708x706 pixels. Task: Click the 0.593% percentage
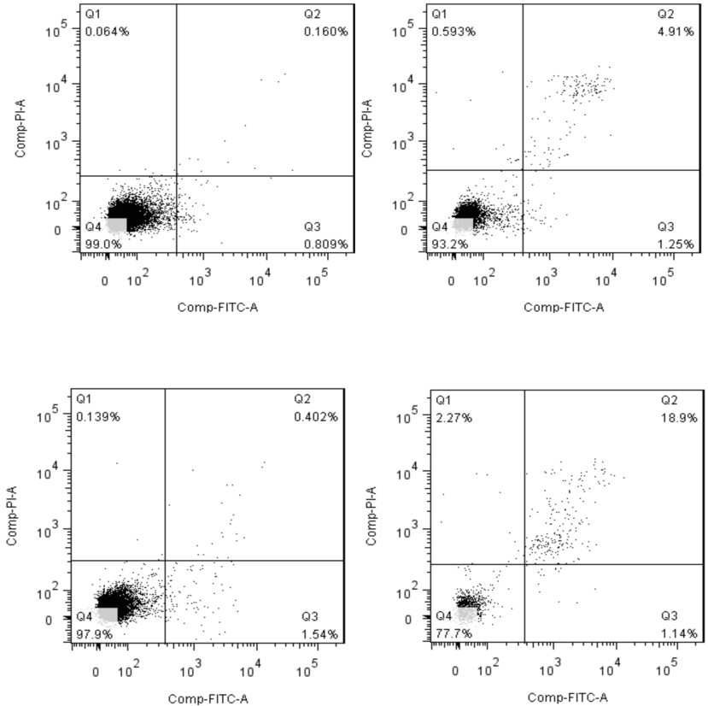453,32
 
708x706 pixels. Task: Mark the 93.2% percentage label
448,244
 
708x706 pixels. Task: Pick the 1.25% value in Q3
676,244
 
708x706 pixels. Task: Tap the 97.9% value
94,633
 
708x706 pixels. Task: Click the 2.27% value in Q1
451,418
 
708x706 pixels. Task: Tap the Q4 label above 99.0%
93,227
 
